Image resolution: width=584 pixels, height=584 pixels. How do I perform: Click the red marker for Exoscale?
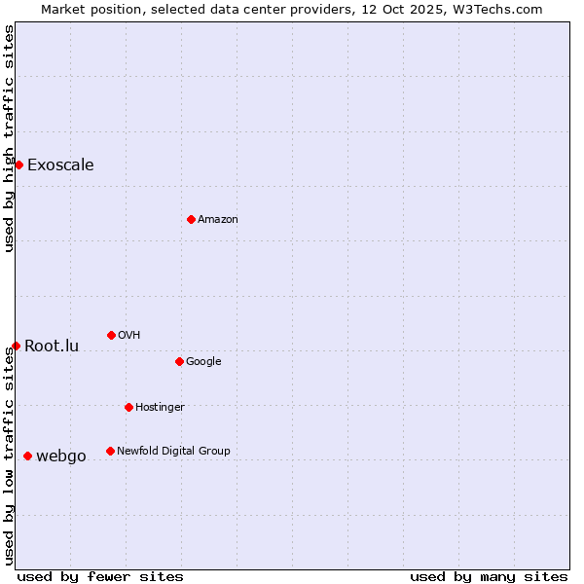[18, 164]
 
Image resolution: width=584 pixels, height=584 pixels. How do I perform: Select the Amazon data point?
[191, 219]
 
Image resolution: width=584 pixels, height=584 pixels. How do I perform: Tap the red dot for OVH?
[111, 335]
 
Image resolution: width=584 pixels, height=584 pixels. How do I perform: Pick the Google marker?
[179, 361]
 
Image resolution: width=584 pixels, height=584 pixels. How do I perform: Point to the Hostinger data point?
[128, 407]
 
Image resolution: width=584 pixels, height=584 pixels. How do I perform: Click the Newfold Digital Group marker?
[110, 451]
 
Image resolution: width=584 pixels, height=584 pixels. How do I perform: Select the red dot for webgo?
[27, 456]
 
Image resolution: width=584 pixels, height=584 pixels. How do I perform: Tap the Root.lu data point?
[16, 346]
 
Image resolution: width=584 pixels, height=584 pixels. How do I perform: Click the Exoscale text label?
[60, 164]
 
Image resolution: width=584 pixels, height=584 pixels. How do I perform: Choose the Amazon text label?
[218, 219]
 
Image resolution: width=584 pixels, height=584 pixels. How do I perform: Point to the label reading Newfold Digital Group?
[173, 451]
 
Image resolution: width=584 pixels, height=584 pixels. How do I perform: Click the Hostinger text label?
[160, 407]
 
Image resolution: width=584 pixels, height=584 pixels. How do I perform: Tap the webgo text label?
[61, 456]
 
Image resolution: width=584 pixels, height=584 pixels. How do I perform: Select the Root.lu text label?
[52, 346]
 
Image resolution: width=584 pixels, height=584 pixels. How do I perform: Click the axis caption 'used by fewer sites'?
[100, 576]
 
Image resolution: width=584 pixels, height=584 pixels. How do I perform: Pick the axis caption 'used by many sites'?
[489, 576]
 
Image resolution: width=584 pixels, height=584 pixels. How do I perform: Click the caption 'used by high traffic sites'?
[9, 138]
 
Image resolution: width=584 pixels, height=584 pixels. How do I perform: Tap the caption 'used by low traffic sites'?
[9, 456]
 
